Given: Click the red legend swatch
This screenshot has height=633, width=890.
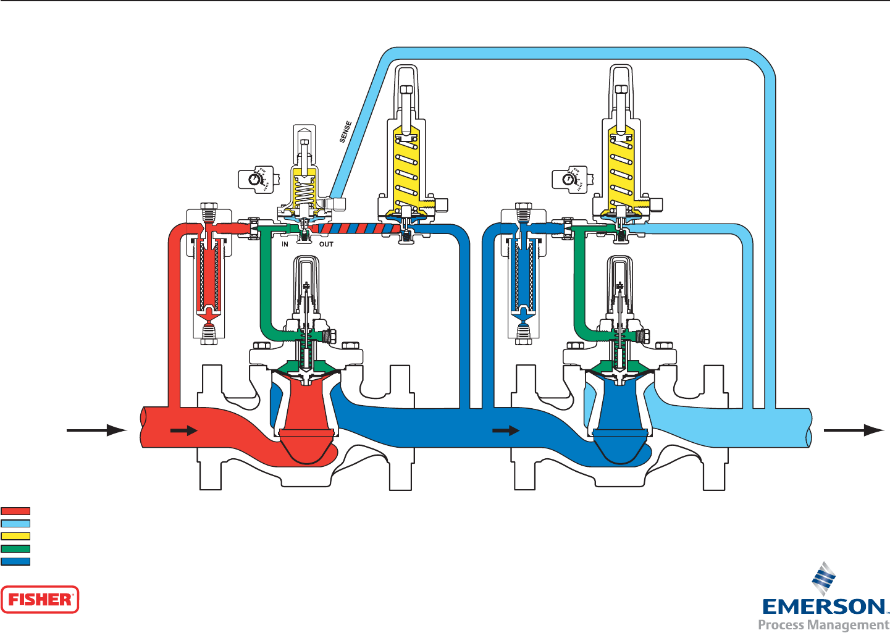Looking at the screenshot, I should [x=15, y=511].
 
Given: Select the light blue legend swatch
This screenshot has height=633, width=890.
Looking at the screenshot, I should [x=15, y=524].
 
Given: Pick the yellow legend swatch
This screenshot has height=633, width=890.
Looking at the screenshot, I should [x=15, y=536].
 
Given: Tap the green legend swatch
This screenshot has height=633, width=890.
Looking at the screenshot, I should [x=15, y=548].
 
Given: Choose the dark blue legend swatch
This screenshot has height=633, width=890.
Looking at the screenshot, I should [x=15, y=562].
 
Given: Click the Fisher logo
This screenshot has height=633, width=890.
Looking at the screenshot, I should [x=40, y=599].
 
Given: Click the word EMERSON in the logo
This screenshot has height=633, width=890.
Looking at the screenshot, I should [x=823, y=606].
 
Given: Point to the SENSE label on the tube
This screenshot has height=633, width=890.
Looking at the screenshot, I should [x=346, y=132].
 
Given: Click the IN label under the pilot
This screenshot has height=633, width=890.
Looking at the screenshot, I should [x=285, y=245].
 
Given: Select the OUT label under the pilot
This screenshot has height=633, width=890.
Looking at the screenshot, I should [x=326, y=245].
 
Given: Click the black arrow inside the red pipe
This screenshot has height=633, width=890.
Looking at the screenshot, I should [x=183, y=430].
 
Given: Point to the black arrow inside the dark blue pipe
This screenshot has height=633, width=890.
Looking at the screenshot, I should [x=506, y=430].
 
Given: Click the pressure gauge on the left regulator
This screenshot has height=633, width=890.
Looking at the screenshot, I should [x=254, y=179].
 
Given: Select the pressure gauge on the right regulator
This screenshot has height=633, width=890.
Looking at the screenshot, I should [x=568, y=179].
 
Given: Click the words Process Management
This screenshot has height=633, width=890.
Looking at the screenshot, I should [x=823, y=624].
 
